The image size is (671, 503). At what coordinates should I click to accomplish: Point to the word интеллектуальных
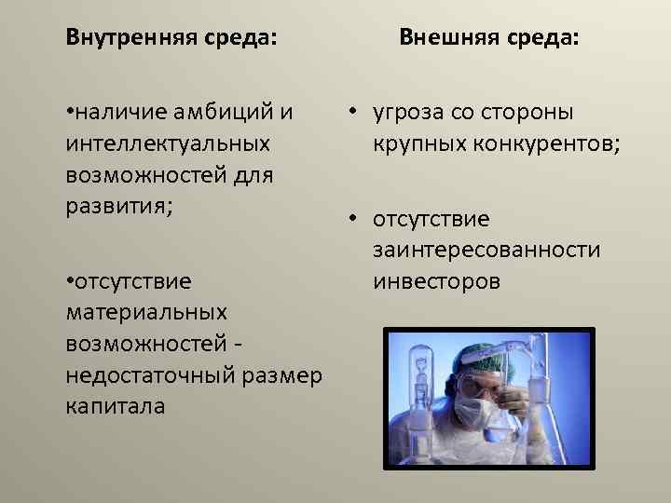[169, 144]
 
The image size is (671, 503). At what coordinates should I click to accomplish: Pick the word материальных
[146, 312]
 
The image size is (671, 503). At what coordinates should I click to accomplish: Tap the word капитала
[116, 406]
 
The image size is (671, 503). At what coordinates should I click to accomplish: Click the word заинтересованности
[486, 251]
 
